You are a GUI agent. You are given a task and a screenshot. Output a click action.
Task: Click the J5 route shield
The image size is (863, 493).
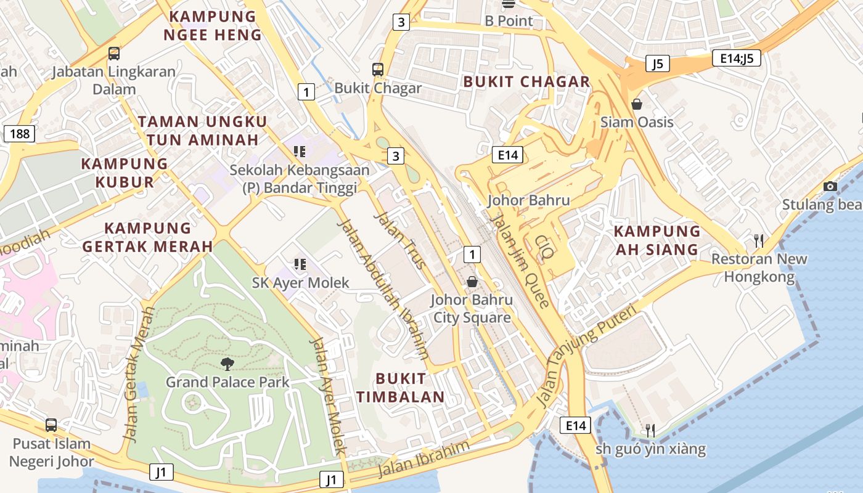coord(658,63)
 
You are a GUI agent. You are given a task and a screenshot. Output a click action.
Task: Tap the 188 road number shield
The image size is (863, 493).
coord(19,134)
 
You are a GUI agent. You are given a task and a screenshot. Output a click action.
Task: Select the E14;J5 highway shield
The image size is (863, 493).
coord(736,59)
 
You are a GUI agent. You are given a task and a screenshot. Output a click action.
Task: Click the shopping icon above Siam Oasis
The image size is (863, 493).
coord(637,104)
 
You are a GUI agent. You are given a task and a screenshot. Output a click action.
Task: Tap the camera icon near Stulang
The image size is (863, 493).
coord(830,187)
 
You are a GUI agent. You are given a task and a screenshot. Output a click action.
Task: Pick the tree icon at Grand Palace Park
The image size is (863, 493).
coord(227,364)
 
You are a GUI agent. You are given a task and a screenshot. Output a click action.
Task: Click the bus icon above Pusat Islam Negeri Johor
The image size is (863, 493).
coord(51,425)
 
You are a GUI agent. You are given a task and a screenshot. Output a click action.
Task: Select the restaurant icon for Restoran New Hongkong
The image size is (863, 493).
coord(759,240)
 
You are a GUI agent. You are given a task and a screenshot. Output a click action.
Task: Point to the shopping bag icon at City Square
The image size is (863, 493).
coord(472,282)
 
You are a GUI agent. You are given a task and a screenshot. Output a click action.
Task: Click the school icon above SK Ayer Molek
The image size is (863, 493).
coord(300,265)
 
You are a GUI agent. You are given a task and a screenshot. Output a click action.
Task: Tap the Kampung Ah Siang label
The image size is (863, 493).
coord(657,240)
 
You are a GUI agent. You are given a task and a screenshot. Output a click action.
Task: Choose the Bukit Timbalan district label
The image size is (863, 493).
coord(400,388)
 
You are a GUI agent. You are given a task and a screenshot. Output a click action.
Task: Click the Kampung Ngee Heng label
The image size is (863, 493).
coord(213,26)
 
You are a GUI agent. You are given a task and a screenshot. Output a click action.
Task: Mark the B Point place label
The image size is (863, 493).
coord(509,20)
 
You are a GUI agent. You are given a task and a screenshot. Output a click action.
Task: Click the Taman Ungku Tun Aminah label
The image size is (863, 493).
coord(202,131)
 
